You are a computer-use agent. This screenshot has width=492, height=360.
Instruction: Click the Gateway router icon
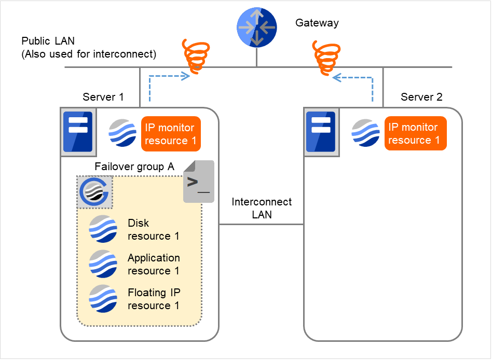point(256,27)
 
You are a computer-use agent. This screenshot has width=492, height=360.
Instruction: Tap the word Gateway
point(317,23)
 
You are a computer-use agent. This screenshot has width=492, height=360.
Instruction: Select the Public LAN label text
point(89,47)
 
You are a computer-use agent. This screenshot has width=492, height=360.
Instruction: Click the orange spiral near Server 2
point(325,57)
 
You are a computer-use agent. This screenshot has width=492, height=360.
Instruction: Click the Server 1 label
point(103,97)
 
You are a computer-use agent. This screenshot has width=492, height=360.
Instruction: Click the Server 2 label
point(421,97)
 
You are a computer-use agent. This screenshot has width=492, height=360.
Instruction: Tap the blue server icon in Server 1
point(77,132)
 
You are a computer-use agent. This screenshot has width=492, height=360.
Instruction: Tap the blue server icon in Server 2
point(320,132)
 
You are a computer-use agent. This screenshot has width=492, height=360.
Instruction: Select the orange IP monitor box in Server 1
point(171,134)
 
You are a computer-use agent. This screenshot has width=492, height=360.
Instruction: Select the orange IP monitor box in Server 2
point(415,133)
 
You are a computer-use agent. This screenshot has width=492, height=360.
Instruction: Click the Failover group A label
point(134,167)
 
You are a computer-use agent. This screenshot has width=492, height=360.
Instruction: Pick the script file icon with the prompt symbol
point(198,182)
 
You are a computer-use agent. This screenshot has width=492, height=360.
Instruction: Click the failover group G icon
point(94,191)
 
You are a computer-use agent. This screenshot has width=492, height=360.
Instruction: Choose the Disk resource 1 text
point(153,229)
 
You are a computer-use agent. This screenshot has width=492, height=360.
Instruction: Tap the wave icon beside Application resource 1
point(103,264)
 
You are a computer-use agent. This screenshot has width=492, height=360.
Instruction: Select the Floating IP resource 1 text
point(154,299)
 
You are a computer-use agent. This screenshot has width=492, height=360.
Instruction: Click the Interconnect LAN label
point(262,208)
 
